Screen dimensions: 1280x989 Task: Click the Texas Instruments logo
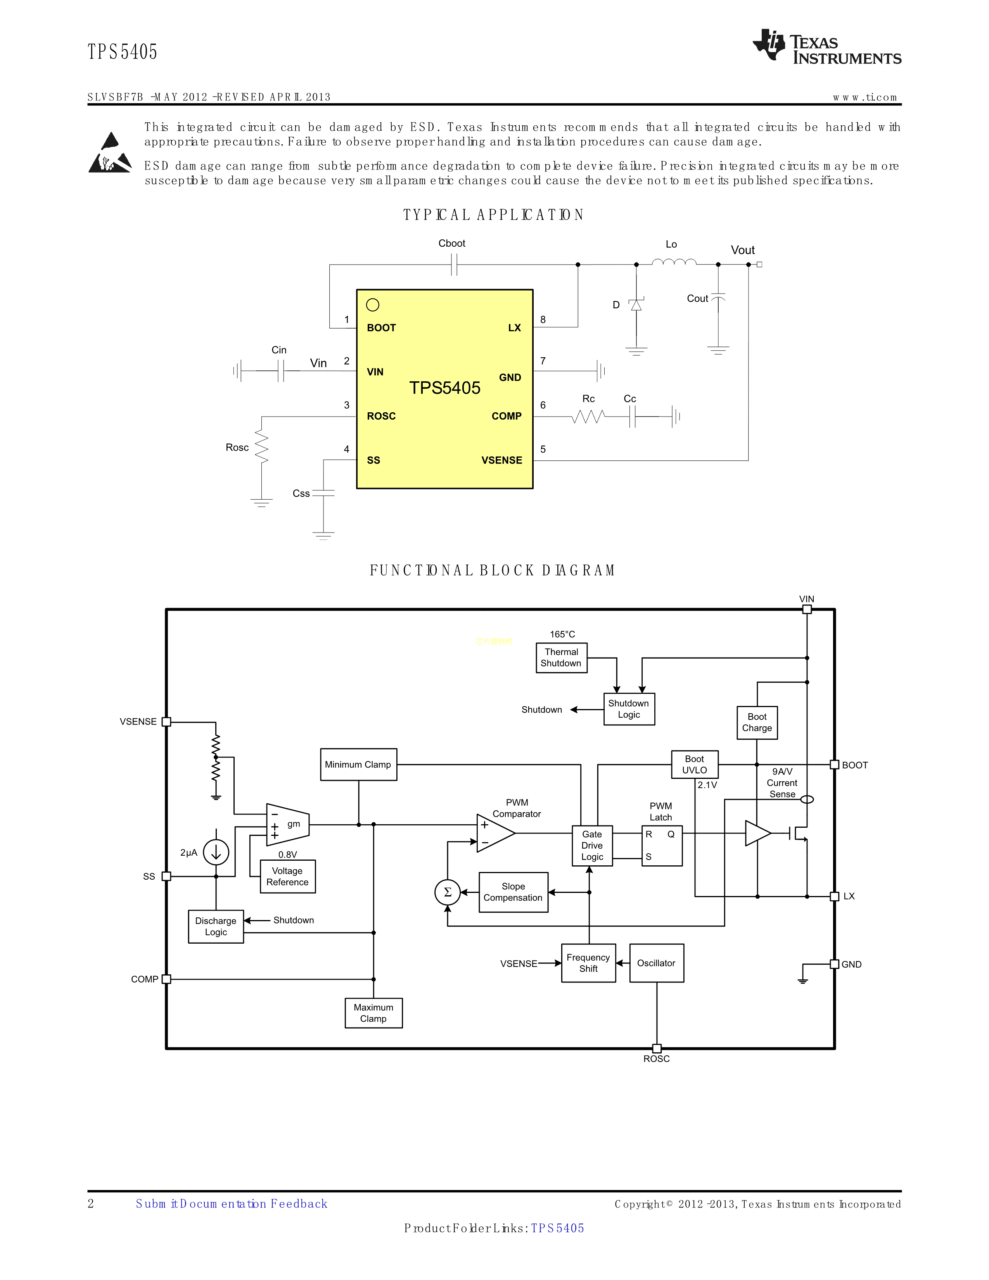pos(826,47)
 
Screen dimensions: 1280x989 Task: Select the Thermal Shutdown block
pos(561,657)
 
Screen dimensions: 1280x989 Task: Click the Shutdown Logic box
pos(629,709)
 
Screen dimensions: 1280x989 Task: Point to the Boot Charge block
pos(757,723)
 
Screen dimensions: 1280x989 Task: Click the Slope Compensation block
pos(513,892)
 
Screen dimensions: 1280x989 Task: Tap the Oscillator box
pos(656,963)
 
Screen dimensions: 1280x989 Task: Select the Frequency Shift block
pos(588,963)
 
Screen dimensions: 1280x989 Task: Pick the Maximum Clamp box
pos(373,1013)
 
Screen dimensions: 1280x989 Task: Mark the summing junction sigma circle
pos(448,892)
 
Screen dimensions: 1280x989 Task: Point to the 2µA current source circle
pos(216,853)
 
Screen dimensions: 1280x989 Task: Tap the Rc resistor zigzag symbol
pos(588,417)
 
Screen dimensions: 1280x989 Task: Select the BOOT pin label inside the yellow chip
pos(381,328)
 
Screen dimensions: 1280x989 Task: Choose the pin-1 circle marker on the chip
pos(373,305)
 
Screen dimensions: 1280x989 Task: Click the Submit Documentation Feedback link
pos(232,1204)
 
